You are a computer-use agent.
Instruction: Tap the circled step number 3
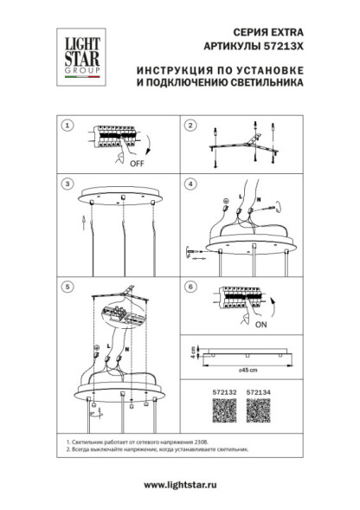point(67,184)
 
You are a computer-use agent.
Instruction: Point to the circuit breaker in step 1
point(112,141)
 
